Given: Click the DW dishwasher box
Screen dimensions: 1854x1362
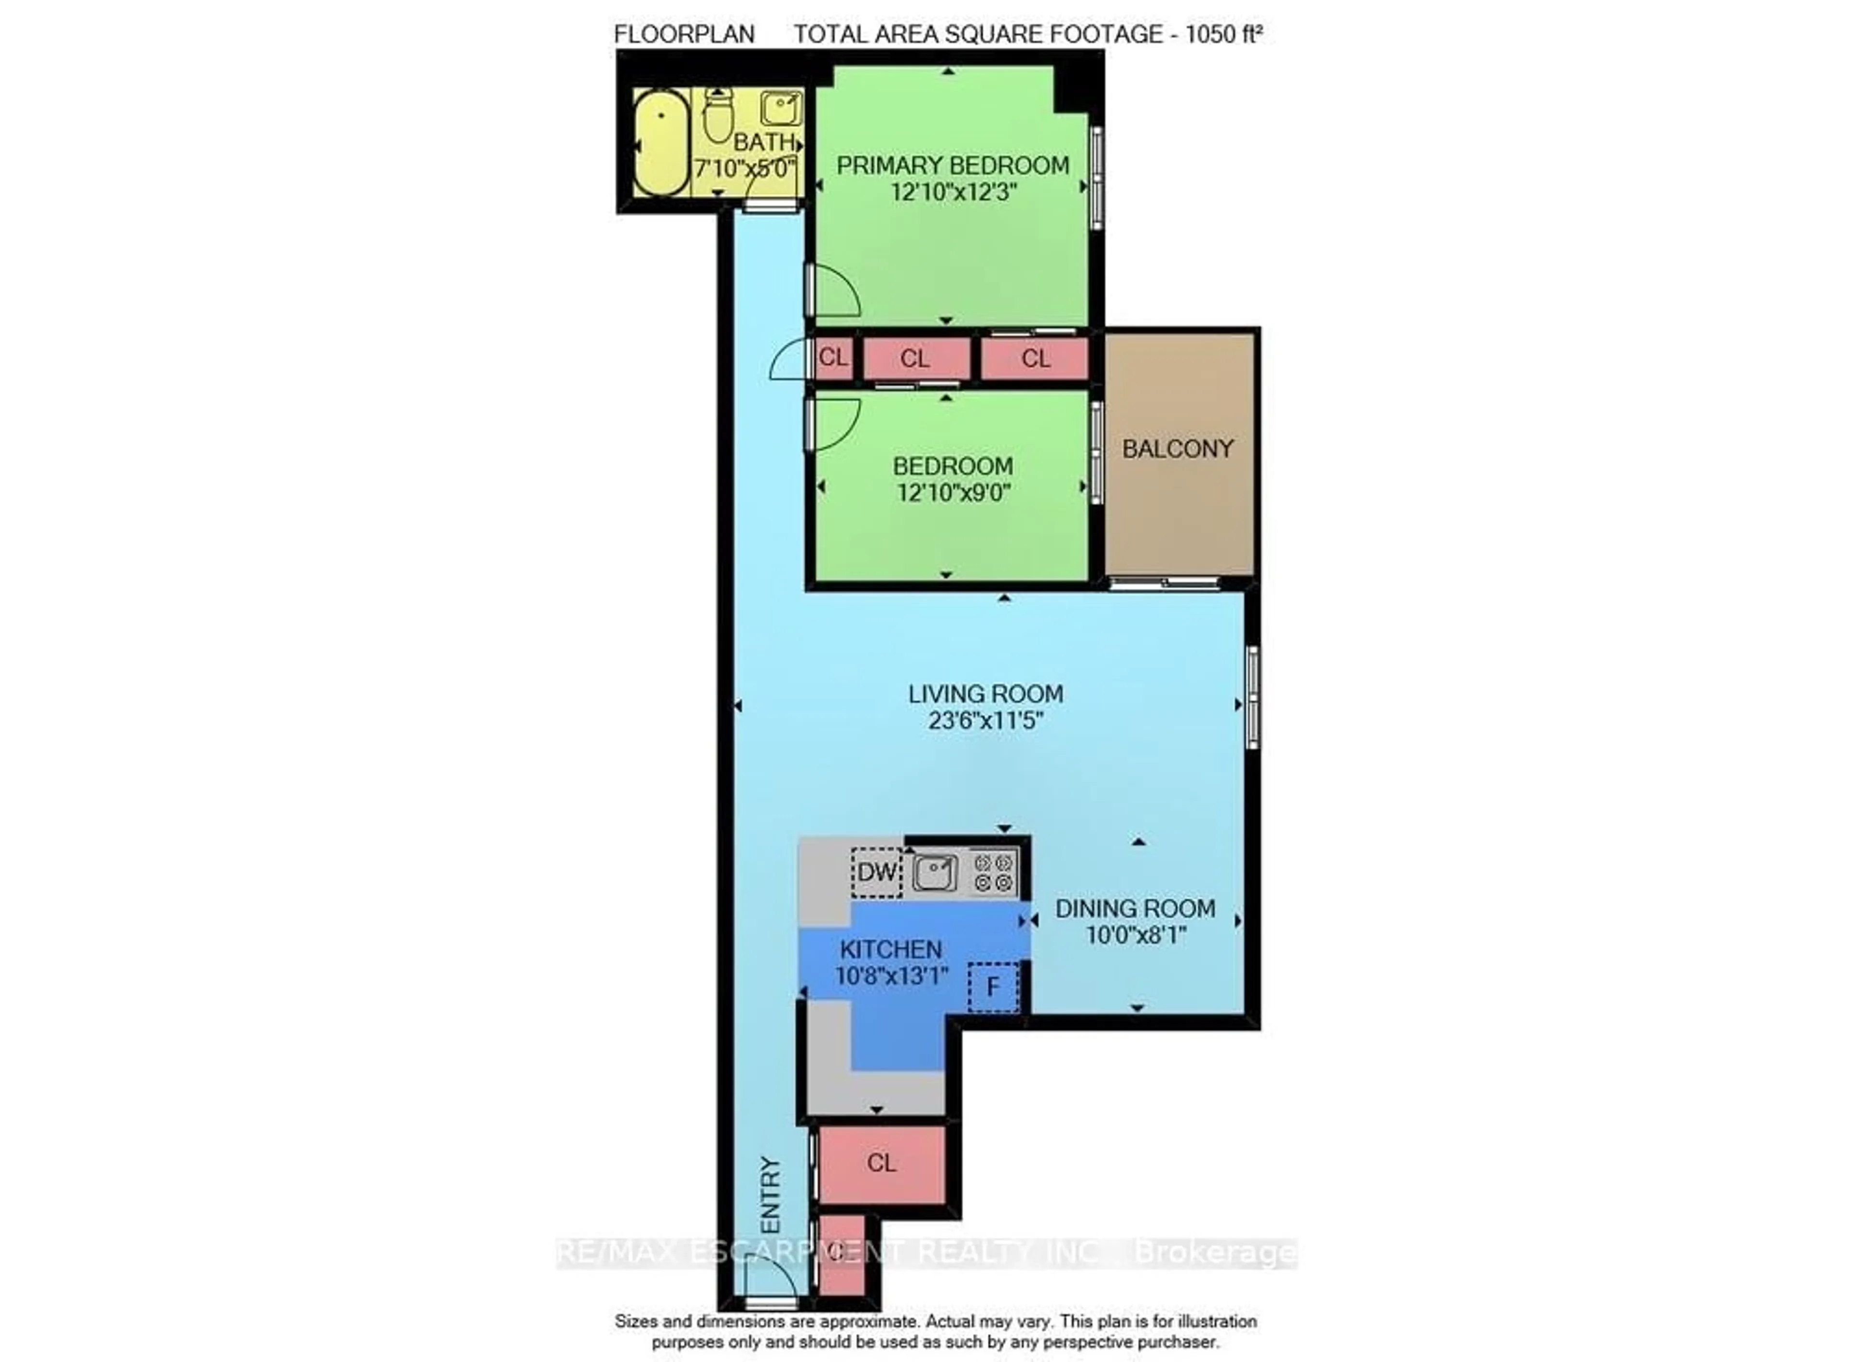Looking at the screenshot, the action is point(876,872).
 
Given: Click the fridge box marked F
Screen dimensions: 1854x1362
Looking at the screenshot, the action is point(993,987).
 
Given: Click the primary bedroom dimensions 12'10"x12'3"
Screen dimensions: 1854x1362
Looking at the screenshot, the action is point(953,192).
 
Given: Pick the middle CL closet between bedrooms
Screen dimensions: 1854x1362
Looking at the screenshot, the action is point(915,359).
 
